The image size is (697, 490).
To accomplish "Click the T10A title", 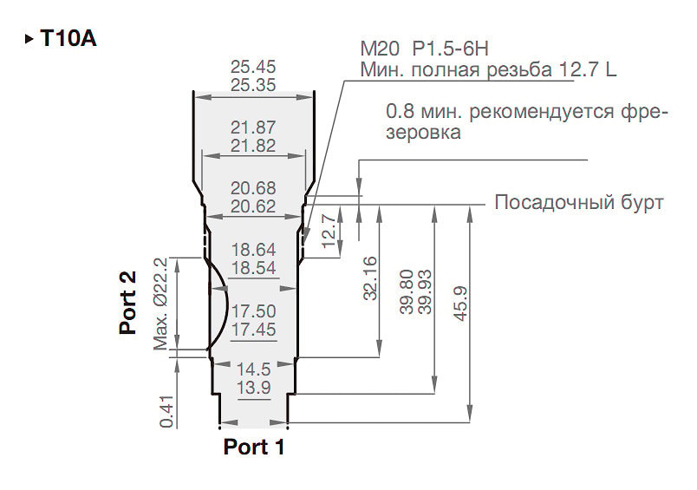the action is coord(68,38).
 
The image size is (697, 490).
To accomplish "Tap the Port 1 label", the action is coord(254,447).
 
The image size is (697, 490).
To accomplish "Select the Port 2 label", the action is coord(127,303).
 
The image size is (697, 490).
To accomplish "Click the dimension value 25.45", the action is coord(253,67).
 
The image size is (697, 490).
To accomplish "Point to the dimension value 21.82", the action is coord(253,146).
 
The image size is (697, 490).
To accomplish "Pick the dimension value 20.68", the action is coord(253,188).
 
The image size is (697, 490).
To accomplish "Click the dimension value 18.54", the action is coord(253,268).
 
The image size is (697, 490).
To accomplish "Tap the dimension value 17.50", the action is coord(253,311).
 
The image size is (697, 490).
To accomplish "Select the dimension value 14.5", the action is coord(253,369).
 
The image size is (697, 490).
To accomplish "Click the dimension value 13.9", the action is coord(253,388).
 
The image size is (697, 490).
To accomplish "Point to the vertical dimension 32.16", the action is coord(370,278).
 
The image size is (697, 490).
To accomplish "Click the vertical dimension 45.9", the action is coord(460,304).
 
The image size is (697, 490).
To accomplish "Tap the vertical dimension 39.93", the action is coord(425,291).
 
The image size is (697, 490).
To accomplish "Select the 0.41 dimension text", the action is coord(166,411).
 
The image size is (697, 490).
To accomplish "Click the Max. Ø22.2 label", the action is coord(160,304).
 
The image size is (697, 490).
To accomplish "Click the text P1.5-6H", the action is coord(451,49).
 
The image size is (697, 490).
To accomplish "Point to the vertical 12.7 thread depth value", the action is coord(328,232).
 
